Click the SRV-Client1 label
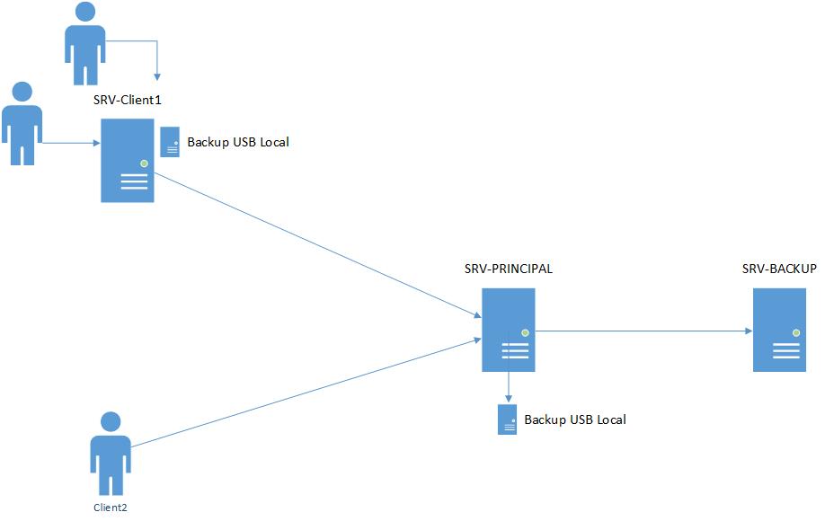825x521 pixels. coord(127,98)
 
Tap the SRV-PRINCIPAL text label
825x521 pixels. coord(509,269)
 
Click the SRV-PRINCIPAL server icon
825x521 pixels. coord(509,330)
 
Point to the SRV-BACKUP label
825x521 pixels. coord(779,269)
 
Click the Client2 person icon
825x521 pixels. coord(111,454)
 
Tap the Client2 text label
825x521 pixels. coord(111,508)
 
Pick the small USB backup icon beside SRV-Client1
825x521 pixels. coord(170,142)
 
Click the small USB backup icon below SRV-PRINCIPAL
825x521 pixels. coord(509,419)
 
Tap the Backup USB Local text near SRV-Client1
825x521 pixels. coord(238,142)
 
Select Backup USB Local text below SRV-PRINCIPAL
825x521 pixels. coord(575,419)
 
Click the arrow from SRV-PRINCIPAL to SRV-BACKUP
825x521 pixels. coord(643,331)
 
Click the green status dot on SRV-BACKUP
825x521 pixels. coord(795,332)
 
